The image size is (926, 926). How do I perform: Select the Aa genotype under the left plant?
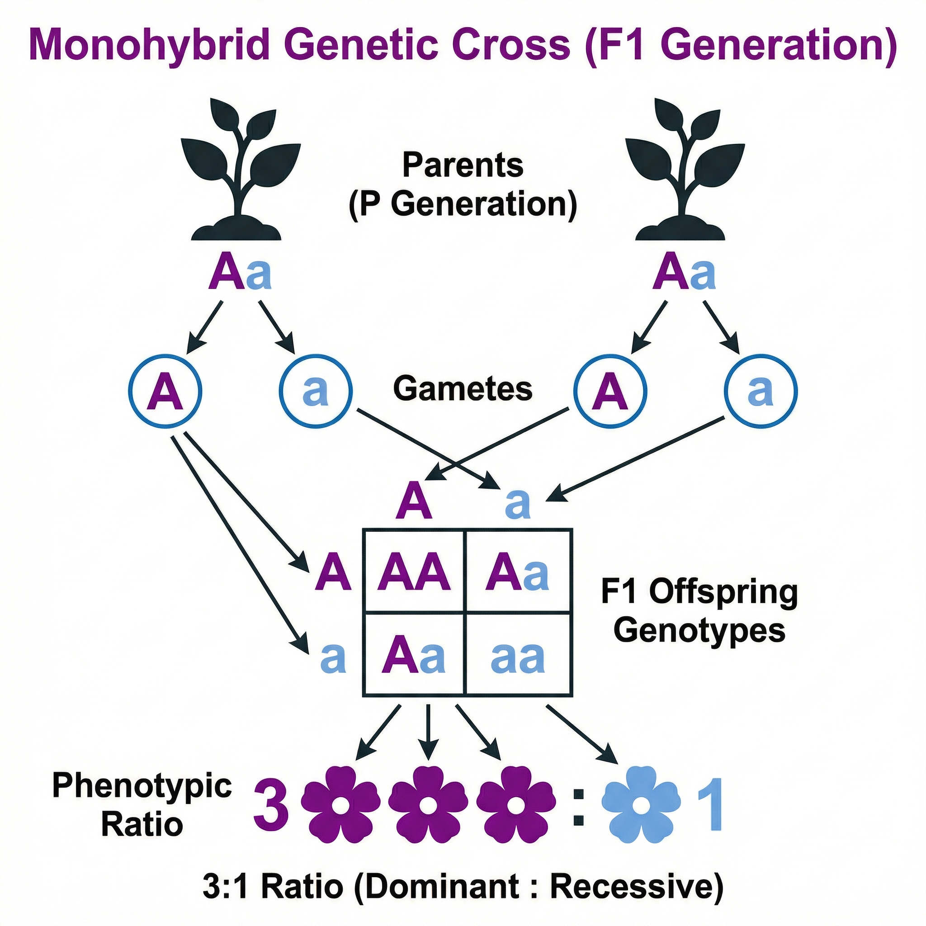click(239, 274)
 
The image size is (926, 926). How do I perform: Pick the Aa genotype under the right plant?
click(684, 274)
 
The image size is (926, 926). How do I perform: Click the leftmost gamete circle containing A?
click(165, 391)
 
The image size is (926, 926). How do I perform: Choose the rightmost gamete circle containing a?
click(761, 391)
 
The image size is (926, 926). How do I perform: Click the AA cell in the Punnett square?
click(414, 572)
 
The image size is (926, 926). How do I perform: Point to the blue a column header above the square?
click(518, 504)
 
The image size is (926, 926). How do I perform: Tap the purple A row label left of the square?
click(333, 572)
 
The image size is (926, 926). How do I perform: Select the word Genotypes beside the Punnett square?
click(699, 631)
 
